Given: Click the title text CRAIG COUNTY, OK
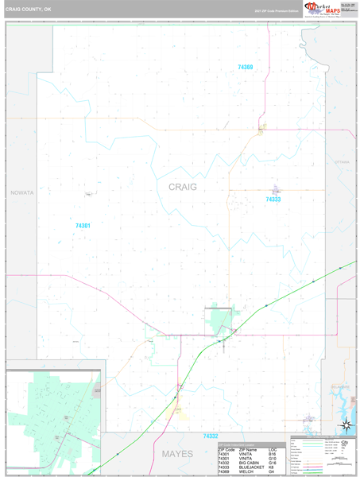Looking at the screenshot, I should (x=30, y=10).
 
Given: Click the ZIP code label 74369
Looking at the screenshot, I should (x=245, y=68).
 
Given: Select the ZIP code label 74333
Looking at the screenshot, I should (x=273, y=200).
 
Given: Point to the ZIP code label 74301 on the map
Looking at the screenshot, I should (x=83, y=226).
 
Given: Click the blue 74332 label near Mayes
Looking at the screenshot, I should (x=210, y=436).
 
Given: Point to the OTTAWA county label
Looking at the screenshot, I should (x=342, y=161).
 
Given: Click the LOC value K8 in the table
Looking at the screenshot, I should (x=272, y=467).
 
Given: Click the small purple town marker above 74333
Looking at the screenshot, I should (x=277, y=189).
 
